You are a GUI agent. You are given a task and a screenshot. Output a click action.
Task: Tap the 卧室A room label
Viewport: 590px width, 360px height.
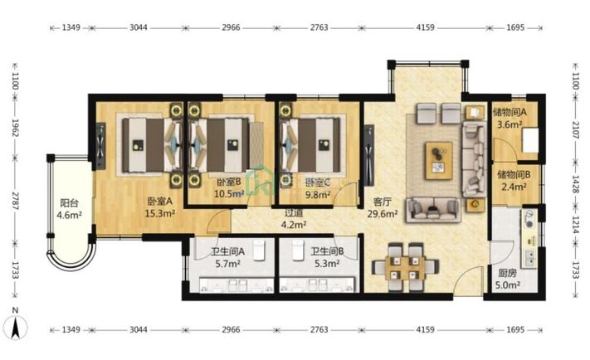point(160,202)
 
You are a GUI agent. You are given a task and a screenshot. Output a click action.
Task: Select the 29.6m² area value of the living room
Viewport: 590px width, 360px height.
point(383,214)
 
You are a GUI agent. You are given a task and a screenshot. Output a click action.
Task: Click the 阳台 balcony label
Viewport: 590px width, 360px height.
point(70,203)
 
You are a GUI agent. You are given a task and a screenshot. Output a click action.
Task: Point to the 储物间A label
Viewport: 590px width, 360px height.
point(510,112)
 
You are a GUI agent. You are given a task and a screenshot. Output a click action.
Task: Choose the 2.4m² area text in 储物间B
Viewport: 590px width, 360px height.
point(514,187)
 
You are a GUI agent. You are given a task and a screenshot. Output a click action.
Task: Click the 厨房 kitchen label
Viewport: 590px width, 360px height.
point(508,274)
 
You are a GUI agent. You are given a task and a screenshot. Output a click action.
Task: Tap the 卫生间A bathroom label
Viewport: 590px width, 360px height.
point(227,251)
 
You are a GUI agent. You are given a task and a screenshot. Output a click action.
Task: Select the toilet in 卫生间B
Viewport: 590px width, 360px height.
point(298,251)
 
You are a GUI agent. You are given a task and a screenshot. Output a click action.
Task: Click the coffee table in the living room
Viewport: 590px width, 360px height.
point(439,161)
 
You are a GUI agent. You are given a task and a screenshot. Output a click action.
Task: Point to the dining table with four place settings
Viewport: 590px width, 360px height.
point(405,267)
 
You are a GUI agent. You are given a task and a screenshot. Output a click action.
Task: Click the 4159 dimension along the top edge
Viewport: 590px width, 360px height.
point(425,27)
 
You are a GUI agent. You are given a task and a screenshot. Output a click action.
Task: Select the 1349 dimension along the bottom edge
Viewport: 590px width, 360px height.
point(71,330)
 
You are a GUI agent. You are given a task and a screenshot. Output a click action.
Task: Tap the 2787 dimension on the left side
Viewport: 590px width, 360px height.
point(15,201)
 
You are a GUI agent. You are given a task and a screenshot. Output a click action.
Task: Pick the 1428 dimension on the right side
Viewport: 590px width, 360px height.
point(576,184)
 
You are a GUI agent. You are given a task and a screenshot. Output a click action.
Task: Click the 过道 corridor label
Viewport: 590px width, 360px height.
point(294,213)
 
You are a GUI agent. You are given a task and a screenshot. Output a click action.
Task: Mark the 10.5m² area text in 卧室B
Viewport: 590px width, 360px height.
point(229,194)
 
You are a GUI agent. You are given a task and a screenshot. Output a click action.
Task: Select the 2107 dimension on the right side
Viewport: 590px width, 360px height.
point(576,129)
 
